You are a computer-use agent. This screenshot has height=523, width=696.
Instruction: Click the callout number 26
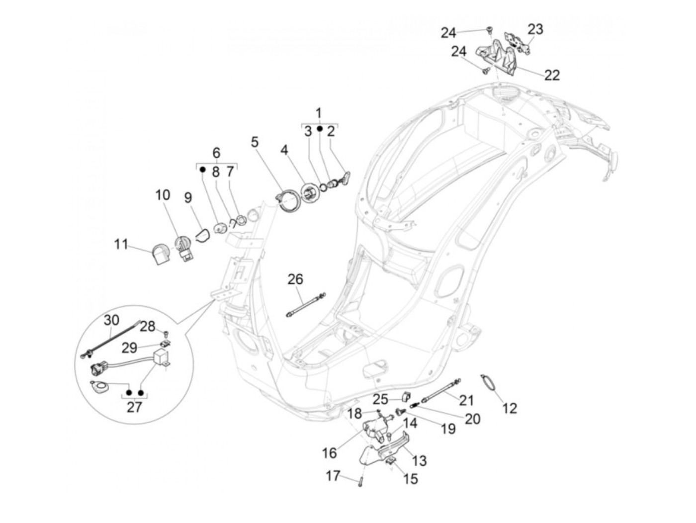tap(295, 279)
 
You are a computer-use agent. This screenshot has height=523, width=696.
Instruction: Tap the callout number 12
tap(510, 408)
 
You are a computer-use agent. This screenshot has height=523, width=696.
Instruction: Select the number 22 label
tap(552, 75)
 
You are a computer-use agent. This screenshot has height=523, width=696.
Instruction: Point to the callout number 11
tap(121, 245)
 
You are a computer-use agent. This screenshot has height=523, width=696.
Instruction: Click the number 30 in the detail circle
tap(111, 321)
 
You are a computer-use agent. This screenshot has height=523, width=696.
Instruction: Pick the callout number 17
tap(333, 476)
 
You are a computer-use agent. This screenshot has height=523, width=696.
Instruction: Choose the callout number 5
tap(255, 142)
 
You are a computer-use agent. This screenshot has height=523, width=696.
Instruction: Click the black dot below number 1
tap(319, 129)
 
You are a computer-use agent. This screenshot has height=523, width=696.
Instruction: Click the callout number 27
tap(134, 408)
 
